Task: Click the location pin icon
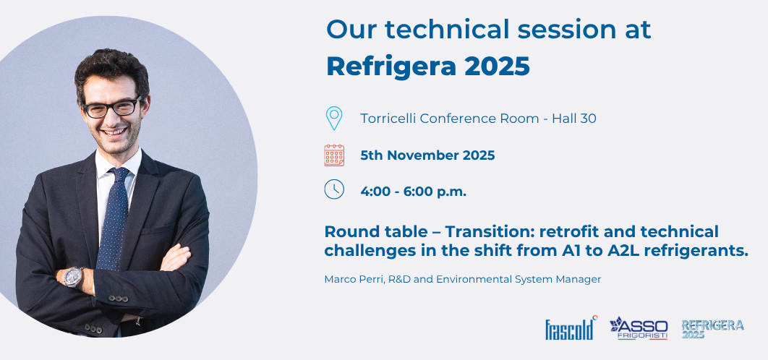[x=333, y=118]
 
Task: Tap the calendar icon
[x=334, y=155]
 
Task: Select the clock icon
[x=334, y=189]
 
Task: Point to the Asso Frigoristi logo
[x=639, y=327]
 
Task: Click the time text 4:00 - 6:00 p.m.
[x=414, y=192]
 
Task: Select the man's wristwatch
[x=74, y=276]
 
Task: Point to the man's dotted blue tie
[x=114, y=217]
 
